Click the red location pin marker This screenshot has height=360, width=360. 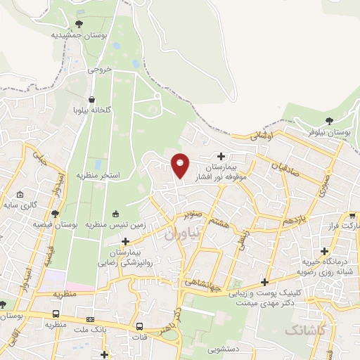pos(181,165)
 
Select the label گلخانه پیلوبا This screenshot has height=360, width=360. pos(93,111)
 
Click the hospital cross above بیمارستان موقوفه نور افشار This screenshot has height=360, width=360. pos(221,156)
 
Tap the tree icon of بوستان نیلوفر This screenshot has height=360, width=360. pos(330,120)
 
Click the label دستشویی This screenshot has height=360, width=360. pos(225,347)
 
